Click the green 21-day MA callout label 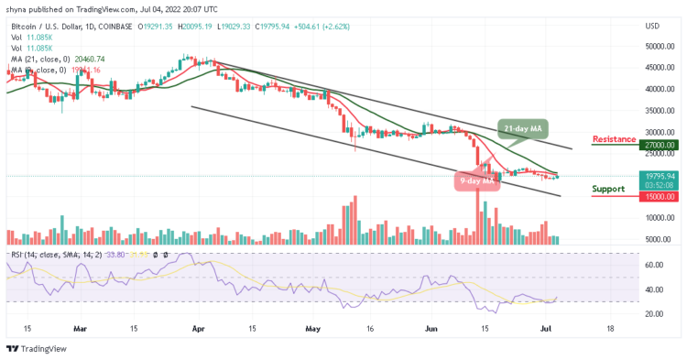tap(519, 128)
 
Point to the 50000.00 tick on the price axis tap(658, 46)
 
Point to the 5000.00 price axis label tap(660, 239)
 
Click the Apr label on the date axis tap(201, 328)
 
